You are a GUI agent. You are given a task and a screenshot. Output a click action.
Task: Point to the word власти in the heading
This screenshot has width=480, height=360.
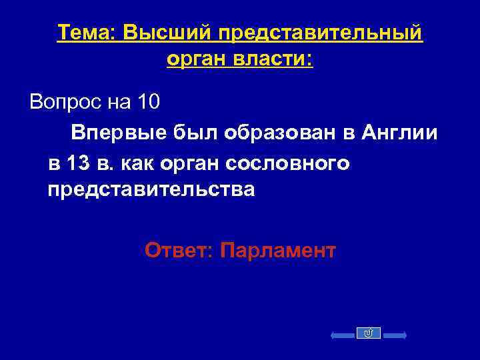[271, 61]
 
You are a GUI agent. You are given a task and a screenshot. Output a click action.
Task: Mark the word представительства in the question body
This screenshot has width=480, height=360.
[151, 190]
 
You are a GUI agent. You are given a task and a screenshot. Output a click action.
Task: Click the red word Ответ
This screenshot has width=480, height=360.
[179, 251]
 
